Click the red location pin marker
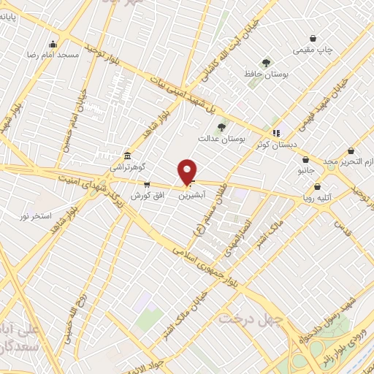coord(188,171)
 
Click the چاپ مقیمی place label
coord(312,50)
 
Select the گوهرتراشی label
coord(127,167)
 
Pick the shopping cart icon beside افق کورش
coord(148,185)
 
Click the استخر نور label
coord(34,216)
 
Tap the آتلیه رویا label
coord(321,196)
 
